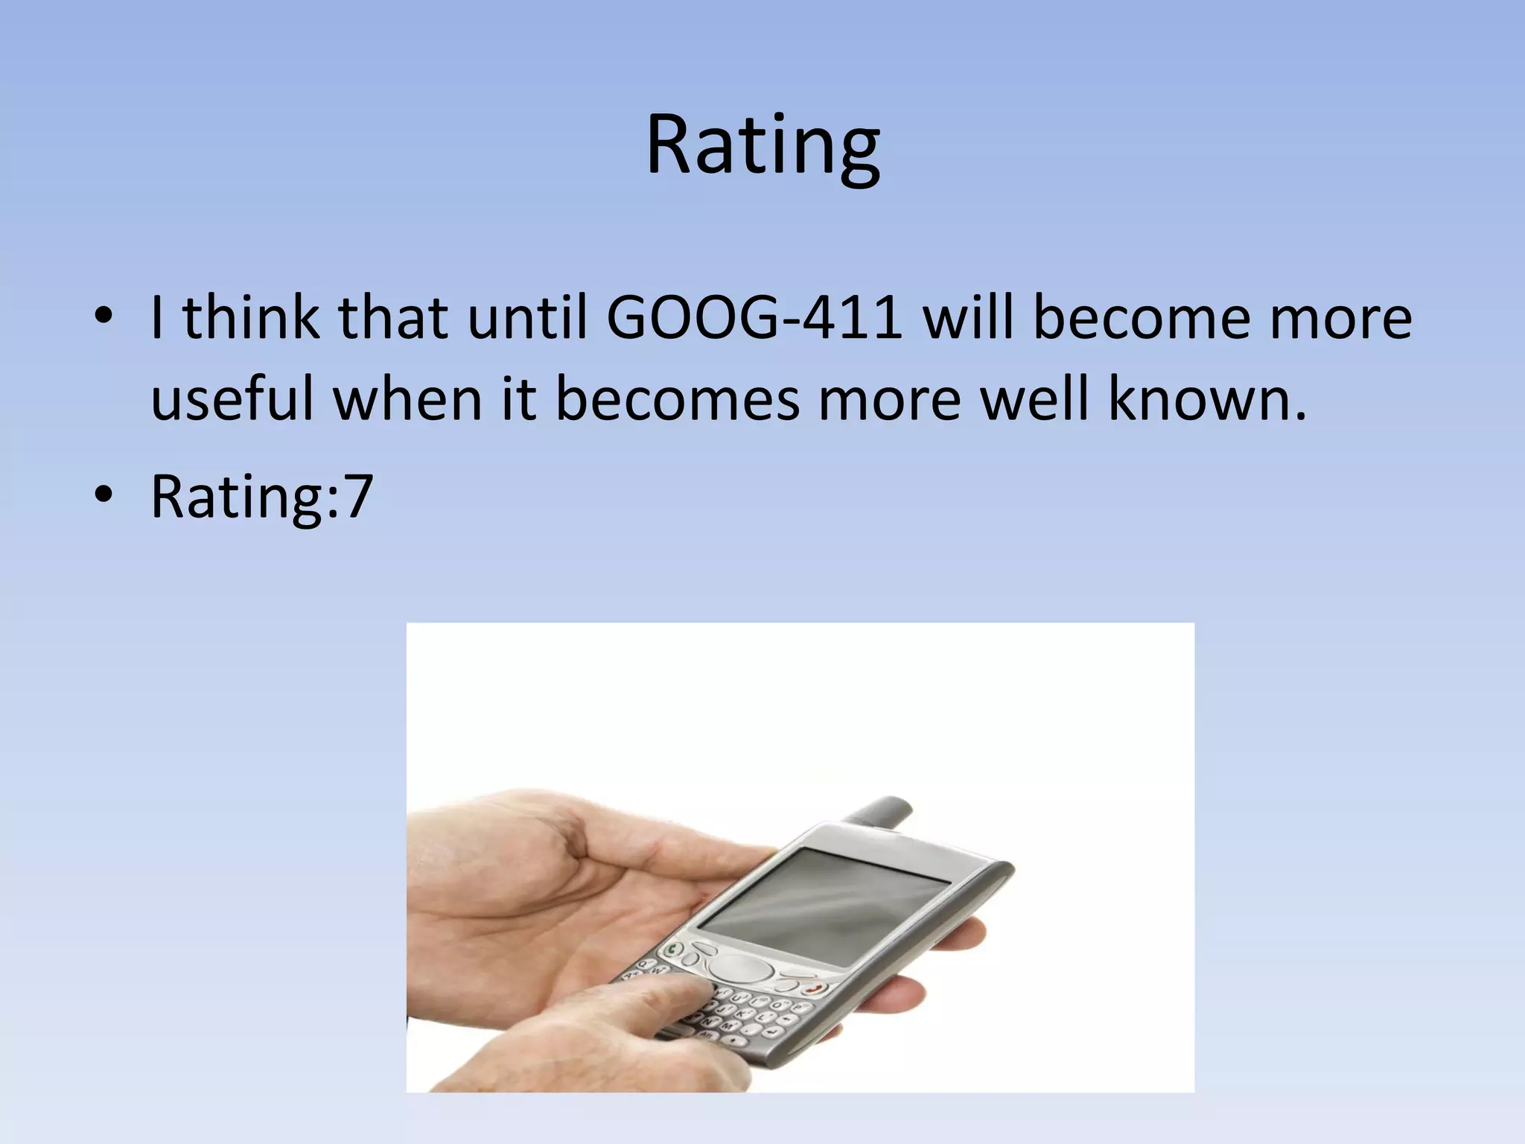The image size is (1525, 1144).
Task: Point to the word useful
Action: tap(232, 400)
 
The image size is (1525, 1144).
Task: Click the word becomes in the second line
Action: tap(677, 400)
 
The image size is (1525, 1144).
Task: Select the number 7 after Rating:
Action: tap(359, 497)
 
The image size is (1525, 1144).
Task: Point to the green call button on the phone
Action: tap(674, 950)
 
